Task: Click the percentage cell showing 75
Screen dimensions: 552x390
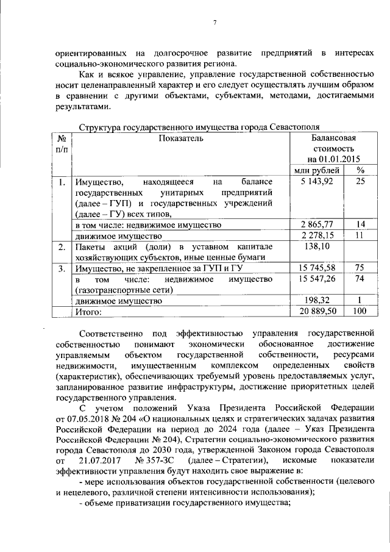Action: click(360, 268)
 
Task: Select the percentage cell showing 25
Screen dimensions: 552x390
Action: click(360, 182)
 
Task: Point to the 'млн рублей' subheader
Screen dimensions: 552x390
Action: click(317, 170)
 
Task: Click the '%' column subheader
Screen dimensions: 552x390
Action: click(360, 170)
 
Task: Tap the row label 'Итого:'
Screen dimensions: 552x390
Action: click(88, 312)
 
